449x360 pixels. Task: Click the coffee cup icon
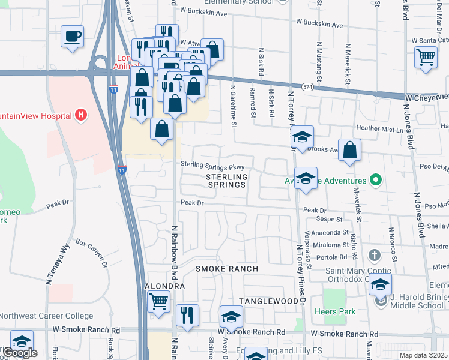[x=72, y=37]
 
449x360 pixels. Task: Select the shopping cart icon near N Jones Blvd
[x=426, y=58]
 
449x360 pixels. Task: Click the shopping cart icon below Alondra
[x=158, y=301]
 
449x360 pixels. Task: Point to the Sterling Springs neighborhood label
[x=226, y=181]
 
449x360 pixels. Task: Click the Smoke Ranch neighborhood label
[x=226, y=269]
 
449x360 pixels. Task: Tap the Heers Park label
[x=335, y=311]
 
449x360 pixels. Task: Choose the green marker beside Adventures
[x=376, y=180]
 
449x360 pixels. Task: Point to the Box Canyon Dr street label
[x=91, y=254]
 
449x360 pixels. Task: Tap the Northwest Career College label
[x=46, y=316]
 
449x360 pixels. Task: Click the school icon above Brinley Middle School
[x=381, y=286]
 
